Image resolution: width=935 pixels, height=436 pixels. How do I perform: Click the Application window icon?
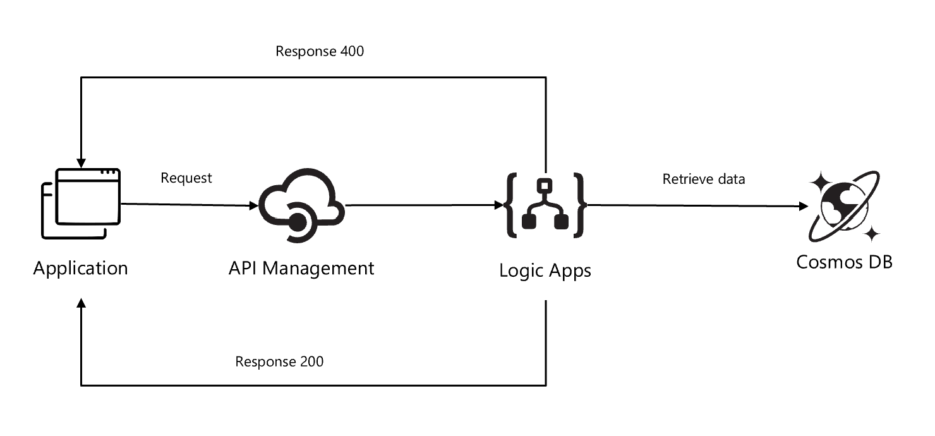pyautogui.click(x=81, y=203)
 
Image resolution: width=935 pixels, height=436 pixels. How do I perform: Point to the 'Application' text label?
pyautogui.click(x=80, y=268)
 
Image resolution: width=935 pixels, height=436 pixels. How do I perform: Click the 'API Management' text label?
pyautogui.click(x=301, y=268)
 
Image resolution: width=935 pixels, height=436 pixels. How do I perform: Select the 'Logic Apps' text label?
pyautogui.click(x=545, y=270)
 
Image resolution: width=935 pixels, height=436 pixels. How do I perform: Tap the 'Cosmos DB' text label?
pyautogui.click(x=844, y=262)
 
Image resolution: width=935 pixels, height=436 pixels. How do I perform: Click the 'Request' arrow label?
pyautogui.click(x=186, y=178)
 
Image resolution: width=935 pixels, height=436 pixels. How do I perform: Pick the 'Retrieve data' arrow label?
pyautogui.click(x=703, y=179)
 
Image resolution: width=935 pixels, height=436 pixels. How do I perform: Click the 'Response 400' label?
pyautogui.click(x=320, y=51)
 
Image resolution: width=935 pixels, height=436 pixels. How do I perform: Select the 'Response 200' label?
pyautogui.click(x=279, y=361)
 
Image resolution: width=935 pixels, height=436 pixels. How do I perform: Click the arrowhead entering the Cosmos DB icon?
pyautogui.click(x=803, y=206)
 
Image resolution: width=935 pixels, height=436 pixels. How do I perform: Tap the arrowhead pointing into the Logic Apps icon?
pyautogui.click(x=498, y=205)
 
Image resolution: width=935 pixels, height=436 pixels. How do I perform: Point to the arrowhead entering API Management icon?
pyautogui.click(x=253, y=205)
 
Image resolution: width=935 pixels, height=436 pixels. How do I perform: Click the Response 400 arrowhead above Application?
pyautogui.click(x=81, y=161)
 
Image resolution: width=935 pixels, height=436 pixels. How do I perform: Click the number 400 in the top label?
pyautogui.click(x=352, y=51)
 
